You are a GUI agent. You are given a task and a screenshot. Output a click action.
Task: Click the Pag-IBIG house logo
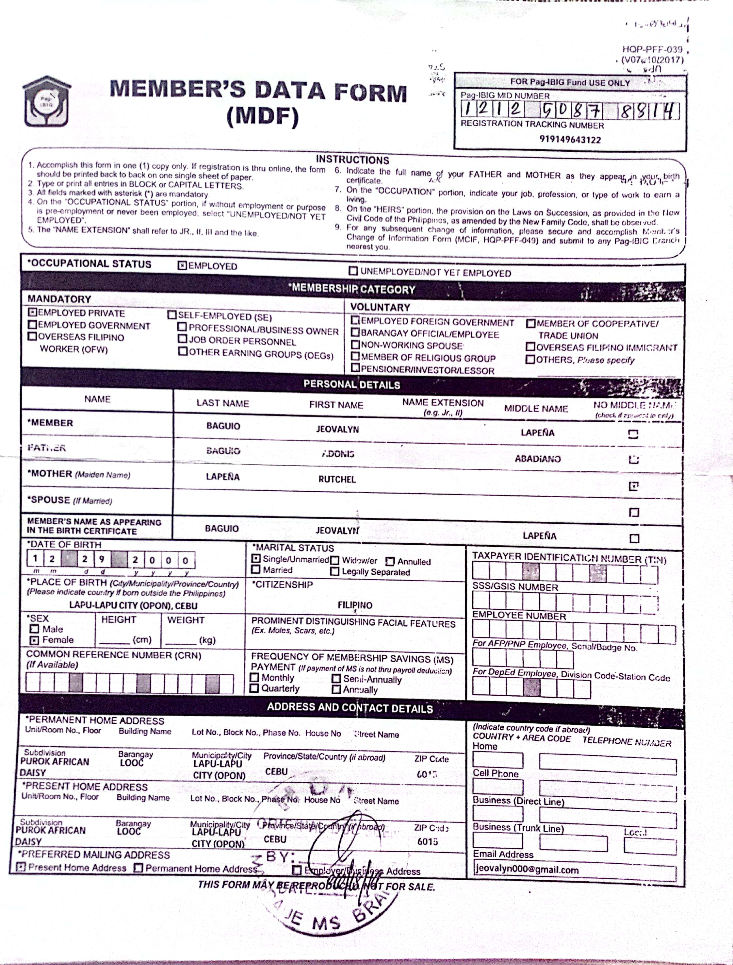tap(46, 101)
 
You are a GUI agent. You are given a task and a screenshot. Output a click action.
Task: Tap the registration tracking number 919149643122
tap(570, 140)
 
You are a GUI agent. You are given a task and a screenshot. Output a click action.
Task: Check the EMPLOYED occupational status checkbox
tap(182, 265)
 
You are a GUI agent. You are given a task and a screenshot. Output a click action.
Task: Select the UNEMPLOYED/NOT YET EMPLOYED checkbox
tap(353, 271)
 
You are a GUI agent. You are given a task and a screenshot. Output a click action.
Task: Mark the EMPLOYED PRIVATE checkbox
tap(32, 312)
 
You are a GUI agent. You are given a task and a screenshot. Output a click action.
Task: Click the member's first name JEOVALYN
tap(337, 429)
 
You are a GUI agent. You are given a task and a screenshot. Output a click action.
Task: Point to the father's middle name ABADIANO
tap(538, 459)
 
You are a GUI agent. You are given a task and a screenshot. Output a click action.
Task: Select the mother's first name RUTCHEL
tap(337, 479)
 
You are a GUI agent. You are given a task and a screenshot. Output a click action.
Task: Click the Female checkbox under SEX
tap(34, 640)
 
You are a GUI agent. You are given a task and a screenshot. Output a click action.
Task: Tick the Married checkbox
tap(256, 569)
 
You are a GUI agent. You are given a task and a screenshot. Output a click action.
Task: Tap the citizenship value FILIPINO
tap(355, 605)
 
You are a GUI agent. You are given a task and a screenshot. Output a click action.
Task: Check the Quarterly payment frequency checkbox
tap(254, 688)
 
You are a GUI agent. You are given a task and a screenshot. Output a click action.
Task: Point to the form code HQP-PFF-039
tap(652, 49)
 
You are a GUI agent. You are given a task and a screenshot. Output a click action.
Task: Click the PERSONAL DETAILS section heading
tap(352, 384)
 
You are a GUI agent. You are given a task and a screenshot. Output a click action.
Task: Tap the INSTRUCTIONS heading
tap(352, 160)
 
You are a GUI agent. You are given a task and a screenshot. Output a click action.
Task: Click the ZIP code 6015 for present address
tap(427, 841)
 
